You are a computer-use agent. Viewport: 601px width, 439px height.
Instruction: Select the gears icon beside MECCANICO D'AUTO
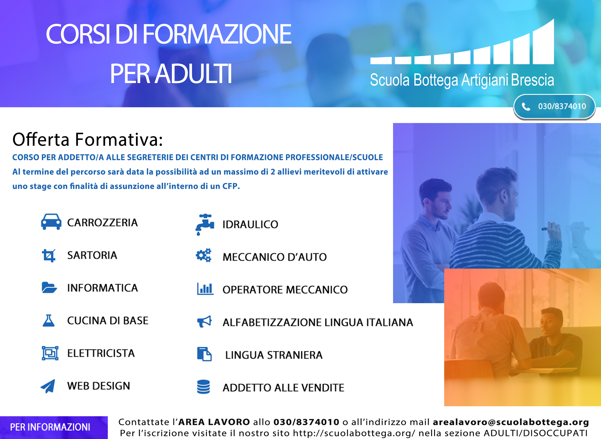[203, 255]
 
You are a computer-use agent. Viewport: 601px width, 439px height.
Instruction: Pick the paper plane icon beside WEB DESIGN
[48, 386]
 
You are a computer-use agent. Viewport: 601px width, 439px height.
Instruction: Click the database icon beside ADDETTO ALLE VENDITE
[203, 387]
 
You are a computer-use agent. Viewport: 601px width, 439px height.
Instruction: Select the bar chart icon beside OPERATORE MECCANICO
[205, 289]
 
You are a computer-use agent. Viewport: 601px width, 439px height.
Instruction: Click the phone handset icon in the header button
[526, 107]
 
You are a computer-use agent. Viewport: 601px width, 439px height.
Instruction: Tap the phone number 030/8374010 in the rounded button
[562, 106]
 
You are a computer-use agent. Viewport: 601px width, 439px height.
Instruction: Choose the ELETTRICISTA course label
[101, 353]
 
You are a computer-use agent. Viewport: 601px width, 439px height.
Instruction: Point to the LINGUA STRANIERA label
[274, 355]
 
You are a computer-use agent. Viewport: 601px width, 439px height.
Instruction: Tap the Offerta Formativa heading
[88, 139]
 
